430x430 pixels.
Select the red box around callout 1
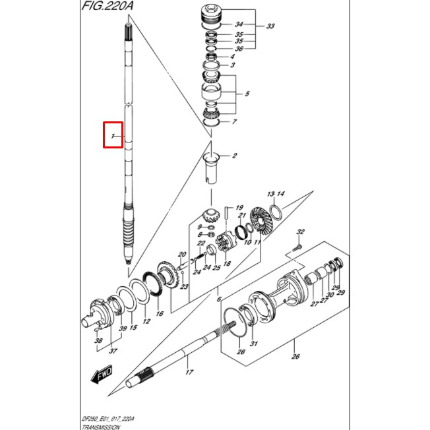click(113, 135)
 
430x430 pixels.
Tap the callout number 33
click(270, 27)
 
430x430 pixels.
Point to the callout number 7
click(233, 122)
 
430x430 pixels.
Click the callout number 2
click(234, 156)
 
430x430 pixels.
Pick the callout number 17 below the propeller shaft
click(188, 373)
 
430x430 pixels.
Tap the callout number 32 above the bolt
click(301, 232)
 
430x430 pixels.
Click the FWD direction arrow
click(103, 377)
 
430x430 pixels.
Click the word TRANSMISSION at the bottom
click(102, 427)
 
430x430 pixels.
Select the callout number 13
click(270, 194)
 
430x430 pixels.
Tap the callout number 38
click(99, 341)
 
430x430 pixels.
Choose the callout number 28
click(241, 352)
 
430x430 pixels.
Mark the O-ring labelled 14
click(278, 213)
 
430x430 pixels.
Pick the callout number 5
click(247, 94)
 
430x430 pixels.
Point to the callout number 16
click(159, 314)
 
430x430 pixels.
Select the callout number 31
click(253, 344)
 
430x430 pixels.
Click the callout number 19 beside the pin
click(239, 207)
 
